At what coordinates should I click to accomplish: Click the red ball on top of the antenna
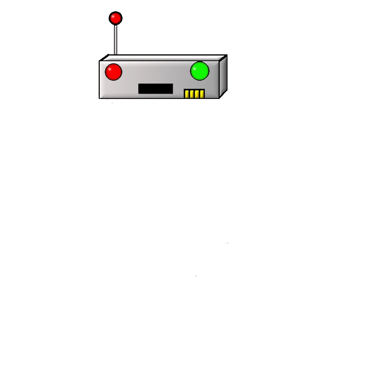(116, 18)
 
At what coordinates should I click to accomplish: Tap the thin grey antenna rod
(115, 39)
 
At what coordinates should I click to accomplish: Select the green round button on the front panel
(200, 71)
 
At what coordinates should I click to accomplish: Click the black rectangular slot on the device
(155, 88)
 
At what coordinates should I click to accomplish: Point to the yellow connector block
(194, 94)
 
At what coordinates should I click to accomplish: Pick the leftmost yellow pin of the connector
(187, 94)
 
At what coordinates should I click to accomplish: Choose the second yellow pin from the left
(192, 94)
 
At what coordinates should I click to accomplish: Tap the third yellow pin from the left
(197, 94)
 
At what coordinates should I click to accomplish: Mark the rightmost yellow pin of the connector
(202, 94)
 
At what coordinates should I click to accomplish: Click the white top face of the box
(162, 58)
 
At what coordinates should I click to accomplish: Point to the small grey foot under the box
(112, 102)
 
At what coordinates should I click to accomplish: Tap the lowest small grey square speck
(196, 277)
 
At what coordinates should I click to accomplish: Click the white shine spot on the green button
(197, 67)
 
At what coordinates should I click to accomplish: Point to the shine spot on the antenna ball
(114, 16)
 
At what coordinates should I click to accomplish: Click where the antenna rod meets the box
(115, 55)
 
